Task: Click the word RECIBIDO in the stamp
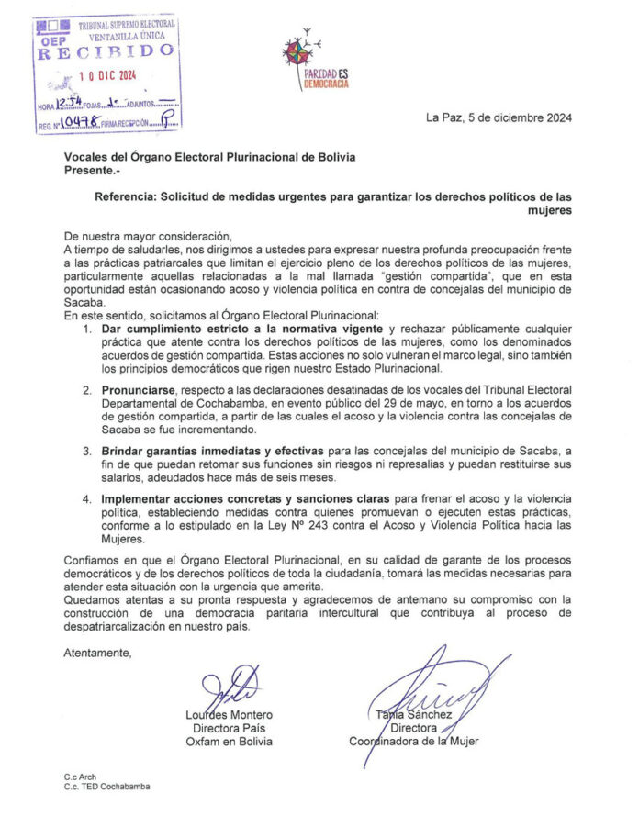105,52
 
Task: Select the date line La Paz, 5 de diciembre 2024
499,117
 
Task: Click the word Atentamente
97,653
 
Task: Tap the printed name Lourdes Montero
229,715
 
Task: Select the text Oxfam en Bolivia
229,741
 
